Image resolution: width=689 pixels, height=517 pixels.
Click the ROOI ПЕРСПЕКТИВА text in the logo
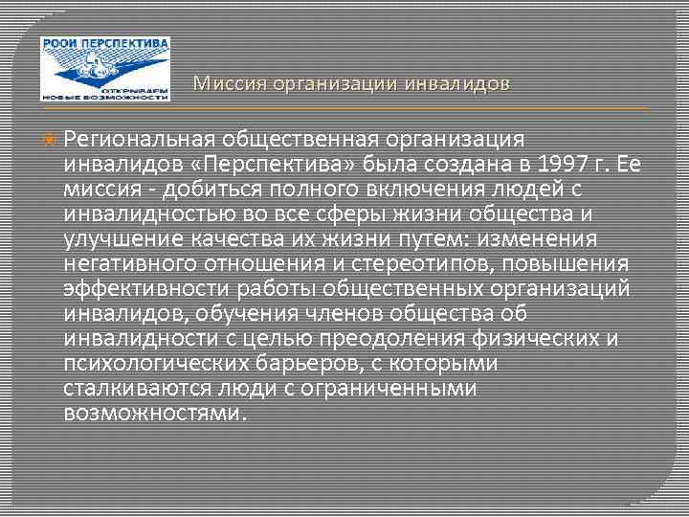(105, 44)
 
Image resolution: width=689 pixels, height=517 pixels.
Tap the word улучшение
(123, 239)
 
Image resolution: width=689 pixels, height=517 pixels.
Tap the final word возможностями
(153, 412)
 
